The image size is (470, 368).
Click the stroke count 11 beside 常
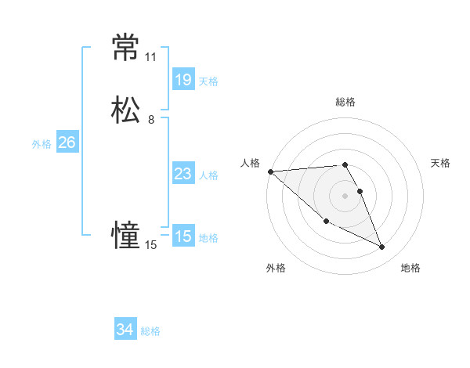(150, 57)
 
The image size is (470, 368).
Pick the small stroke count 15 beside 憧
(150, 245)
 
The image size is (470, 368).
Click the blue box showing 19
(183, 79)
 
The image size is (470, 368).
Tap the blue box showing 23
(183, 174)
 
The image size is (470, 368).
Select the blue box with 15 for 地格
(183, 236)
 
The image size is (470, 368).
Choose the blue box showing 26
(67, 143)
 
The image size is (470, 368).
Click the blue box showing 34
(125, 330)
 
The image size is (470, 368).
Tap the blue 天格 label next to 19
(208, 81)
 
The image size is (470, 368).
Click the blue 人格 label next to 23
(208, 175)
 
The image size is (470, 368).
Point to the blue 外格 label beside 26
(42, 144)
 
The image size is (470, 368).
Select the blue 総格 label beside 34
(150, 332)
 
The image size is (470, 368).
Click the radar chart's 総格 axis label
(345, 102)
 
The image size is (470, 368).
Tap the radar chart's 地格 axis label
(410, 268)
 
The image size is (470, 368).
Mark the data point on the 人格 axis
(270, 171)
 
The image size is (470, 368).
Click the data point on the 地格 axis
(382, 247)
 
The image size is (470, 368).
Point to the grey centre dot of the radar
(345, 196)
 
